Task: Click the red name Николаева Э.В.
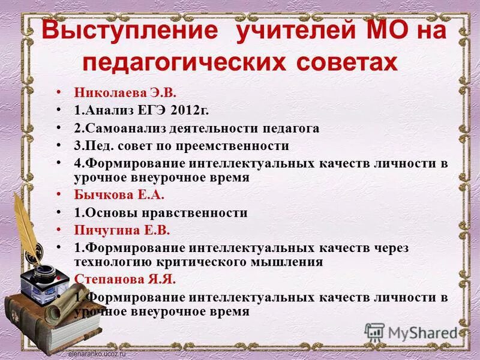pos(116,93)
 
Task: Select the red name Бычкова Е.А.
pos(110,195)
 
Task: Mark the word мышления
pos(293,262)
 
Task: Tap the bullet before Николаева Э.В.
pos(59,93)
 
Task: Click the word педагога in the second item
pos(292,128)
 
